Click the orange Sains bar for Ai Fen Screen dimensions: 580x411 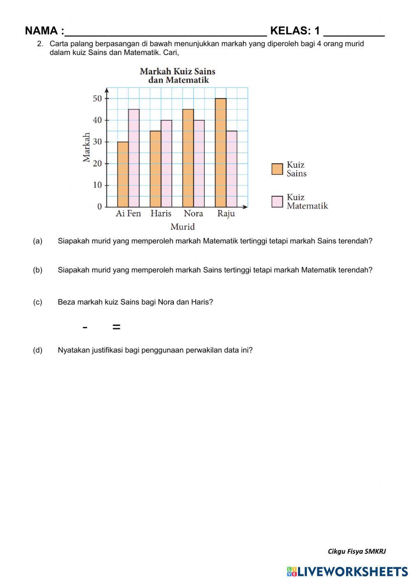(123, 174)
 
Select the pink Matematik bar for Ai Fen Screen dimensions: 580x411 (134, 158)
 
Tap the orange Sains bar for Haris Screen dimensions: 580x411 (155, 169)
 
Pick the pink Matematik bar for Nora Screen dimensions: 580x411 (199, 163)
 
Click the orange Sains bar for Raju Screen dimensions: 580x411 (220, 153)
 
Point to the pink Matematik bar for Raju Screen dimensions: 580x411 (231, 169)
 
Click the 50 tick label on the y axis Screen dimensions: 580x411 (97, 99)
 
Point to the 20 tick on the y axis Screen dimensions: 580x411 (97, 163)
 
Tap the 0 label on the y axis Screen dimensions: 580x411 (99, 206)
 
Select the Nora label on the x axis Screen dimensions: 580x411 (193, 213)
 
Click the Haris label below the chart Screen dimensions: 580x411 (161, 213)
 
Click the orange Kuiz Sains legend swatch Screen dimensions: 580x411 (277, 169)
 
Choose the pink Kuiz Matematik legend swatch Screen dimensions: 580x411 (277, 202)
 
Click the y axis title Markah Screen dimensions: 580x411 (87, 147)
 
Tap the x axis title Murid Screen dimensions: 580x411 (182, 227)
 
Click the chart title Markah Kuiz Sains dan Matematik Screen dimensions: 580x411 (178, 76)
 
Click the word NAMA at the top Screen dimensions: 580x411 (42, 31)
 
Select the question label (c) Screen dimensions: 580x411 (37, 302)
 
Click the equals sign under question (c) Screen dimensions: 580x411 (116, 327)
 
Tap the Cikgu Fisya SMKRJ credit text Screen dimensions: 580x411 (356, 551)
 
